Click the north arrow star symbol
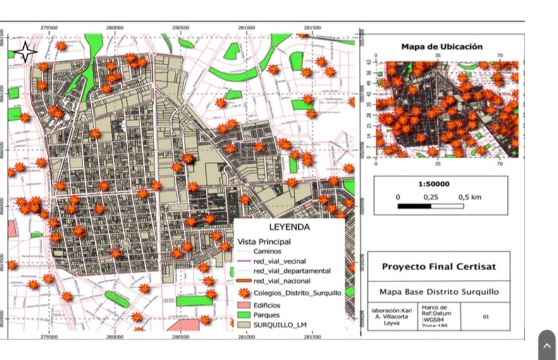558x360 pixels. [25, 52]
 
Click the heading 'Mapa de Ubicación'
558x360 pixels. [441, 47]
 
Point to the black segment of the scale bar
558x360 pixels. [414, 206]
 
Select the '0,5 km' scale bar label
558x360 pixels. [469, 197]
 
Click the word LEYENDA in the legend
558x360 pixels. [289, 228]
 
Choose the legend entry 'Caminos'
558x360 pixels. [267, 251]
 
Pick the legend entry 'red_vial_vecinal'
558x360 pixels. [279, 261]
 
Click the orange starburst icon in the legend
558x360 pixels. [243, 292]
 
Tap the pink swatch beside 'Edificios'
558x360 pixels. [243, 305]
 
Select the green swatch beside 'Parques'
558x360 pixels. [243, 315]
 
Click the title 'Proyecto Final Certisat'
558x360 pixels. [438, 267]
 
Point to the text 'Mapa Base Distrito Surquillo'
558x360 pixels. [438, 292]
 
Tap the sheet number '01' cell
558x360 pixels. [485, 317]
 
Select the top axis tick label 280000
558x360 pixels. [115, 27]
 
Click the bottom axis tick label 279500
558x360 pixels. [49, 336]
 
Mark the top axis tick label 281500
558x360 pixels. [312, 27]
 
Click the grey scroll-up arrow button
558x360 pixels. [547, 346]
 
